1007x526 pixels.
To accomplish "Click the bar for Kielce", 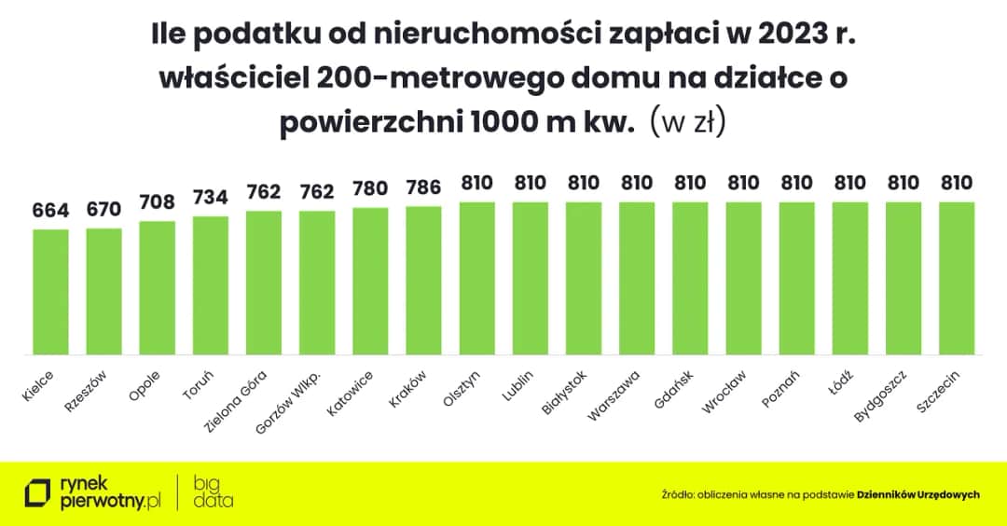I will [51, 292].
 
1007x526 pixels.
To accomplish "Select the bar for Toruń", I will [211, 285].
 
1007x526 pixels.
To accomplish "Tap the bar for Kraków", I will [423, 280].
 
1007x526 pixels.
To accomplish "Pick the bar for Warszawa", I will [637, 278].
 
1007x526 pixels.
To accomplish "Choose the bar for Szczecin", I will [957, 278].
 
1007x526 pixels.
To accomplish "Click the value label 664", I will [51, 211].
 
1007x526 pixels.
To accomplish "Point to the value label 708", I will [158, 202].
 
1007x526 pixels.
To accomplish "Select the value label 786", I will [423, 187].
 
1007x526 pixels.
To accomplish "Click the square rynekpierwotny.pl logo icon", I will [37, 492].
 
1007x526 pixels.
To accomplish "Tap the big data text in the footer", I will [214, 492].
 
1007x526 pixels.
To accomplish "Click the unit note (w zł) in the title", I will [687, 123].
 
